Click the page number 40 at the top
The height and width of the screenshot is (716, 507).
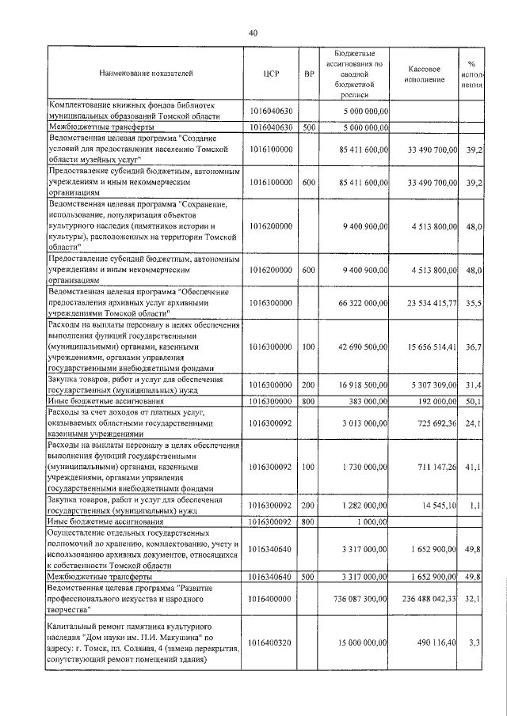pyautogui.click(x=253, y=32)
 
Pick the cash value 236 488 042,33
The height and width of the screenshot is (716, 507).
pyautogui.click(x=428, y=601)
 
